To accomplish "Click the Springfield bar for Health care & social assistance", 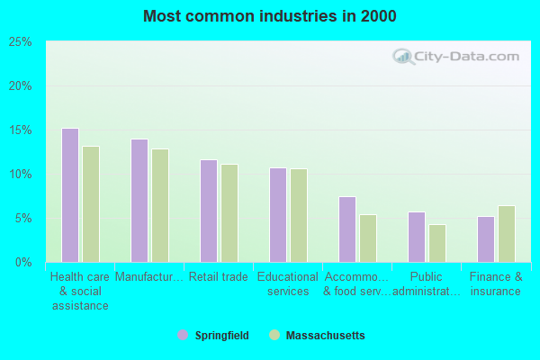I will click(69, 195).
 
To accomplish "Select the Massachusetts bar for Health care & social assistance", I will click(91, 204).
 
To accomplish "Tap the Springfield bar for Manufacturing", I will click(139, 201).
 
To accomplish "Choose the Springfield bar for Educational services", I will click(277, 215).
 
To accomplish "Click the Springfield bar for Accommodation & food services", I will click(346, 229).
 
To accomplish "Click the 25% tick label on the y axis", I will click(21, 42).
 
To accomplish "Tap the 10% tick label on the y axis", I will click(21, 175).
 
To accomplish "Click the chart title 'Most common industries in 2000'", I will click(269, 16).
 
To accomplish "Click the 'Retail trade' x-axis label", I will click(219, 277).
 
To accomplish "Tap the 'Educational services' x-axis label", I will click(288, 284).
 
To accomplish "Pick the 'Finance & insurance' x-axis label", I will click(496, 284).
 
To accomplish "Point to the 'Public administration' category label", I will click(427, 284).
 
